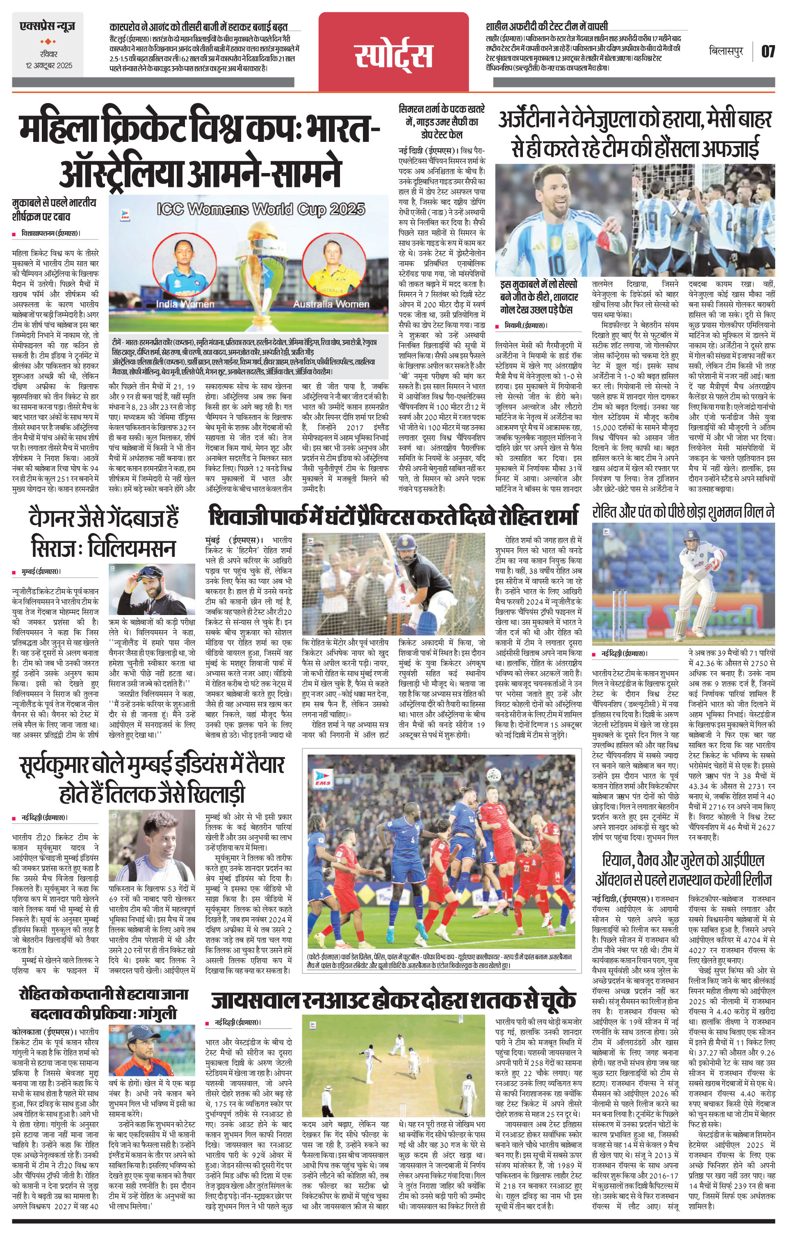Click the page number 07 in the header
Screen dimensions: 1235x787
(x=768, y=51)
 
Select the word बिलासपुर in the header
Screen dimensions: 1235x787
(x=728, y=51)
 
